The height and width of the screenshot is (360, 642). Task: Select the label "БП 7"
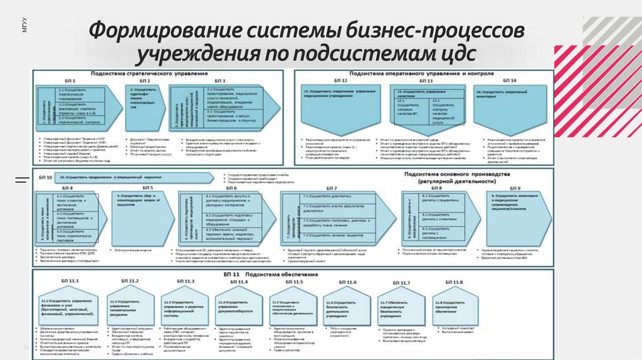point(331,188)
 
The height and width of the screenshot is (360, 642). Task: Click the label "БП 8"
point(436,188)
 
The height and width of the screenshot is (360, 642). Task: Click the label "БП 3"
point(219,82)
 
